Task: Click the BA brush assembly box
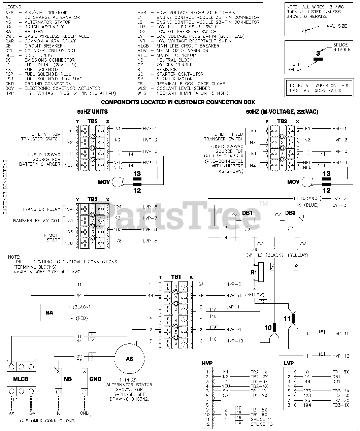(x=49, y=312)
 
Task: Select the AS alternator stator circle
(x=130, y=359)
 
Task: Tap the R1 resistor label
(x=254, y=272)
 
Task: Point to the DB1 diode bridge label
(x=247, y=213)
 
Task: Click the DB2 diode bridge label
(x=290, y=213)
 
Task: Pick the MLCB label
(x=21, y=379)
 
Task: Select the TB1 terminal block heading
(x=176, y=277)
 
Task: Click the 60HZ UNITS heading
(x=92, y=112)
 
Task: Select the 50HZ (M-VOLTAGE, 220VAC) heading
(x=282, y=112)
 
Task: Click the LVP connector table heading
(x=289, y=363)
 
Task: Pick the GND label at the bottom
(x=95, y=379)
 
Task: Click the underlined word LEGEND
(x=13, y=7)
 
